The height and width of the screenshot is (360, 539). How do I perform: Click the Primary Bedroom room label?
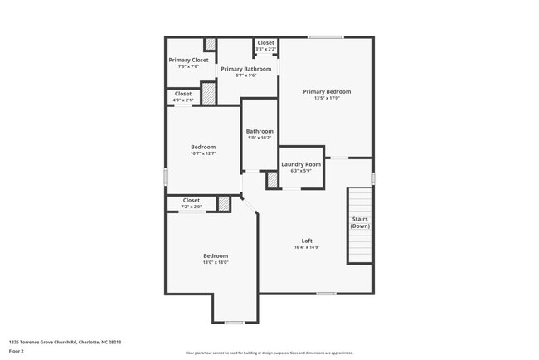click(x=327, y=91)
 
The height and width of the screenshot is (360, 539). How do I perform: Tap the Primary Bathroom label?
click(x=245, y=69)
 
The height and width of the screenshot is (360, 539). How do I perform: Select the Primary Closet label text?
click(x=188, y=60)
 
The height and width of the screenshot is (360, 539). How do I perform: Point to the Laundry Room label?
click(x=300, y=164)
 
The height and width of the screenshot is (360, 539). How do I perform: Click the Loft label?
click(x=307, y=241)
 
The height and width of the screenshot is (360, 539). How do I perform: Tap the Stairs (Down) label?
click(x=359, y=222)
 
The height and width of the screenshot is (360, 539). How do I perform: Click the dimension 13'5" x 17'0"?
click(x=327, y=98)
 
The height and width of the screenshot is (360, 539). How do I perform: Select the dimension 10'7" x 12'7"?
click(x=203, y=153)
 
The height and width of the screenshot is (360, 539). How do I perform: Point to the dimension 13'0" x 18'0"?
click(x=216, y=262)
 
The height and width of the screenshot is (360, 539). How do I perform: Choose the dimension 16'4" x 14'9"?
click(x=307, y=247)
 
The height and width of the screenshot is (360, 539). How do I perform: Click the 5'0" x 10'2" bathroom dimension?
click(x=260, y=138)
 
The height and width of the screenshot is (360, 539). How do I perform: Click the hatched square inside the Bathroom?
click(x=270, y=180)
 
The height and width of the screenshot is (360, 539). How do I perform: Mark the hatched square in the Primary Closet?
click(x=211, y=45)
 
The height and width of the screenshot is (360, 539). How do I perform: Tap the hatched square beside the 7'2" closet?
click(x=223, y=203)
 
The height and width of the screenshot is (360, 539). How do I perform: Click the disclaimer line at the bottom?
click(x=269, y=353)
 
